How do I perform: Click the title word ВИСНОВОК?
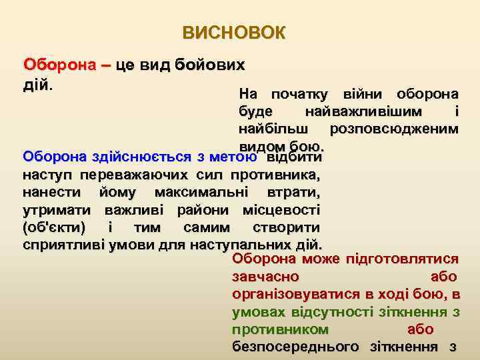tap(233, 33)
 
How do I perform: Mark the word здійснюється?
tap(143, 157)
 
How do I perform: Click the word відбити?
tap(294, 157)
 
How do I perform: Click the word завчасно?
tap(265, 277)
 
